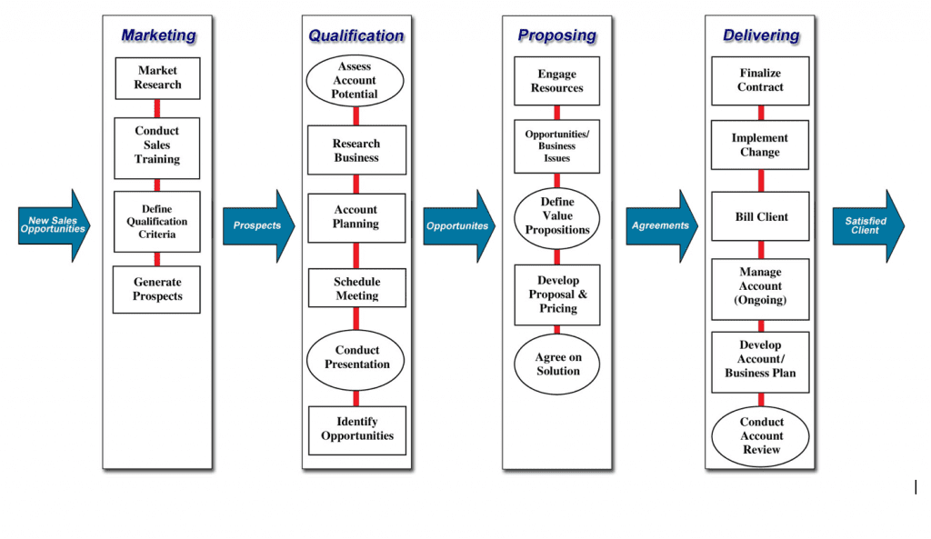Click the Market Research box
point(157,78)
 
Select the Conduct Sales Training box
point(157,145)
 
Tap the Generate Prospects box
point(157,289)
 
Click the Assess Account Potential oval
point(355,81)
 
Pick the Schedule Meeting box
point(356,288)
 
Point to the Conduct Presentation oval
point(356,357)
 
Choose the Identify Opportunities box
point(356,429)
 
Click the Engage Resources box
point(556,81)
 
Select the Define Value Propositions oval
point(556,216)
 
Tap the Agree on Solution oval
point(556,364)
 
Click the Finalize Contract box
point(760,80)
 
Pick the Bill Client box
point(760,217)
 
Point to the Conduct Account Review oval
point(760,436)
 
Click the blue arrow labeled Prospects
point(257,225)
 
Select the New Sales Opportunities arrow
point(53,225)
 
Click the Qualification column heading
point(355,35)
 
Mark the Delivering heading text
point(760,35)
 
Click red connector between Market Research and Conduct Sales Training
point(157,108)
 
